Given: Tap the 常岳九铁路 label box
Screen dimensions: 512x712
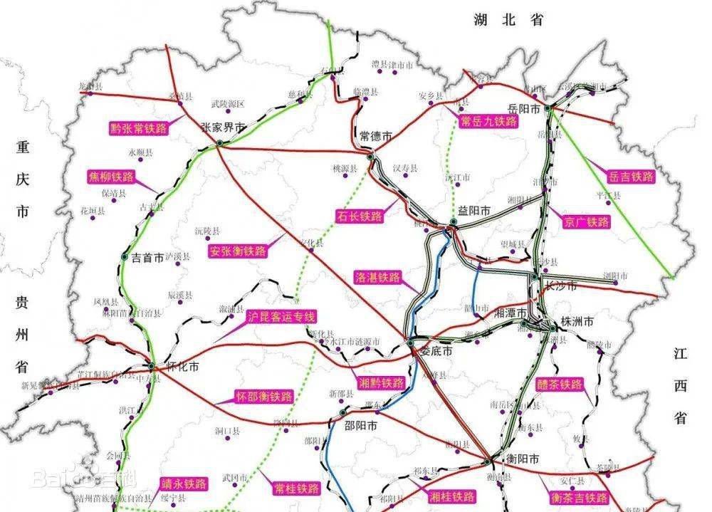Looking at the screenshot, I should click(488, 121).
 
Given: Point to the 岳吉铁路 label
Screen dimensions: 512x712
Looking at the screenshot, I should click(631, 177).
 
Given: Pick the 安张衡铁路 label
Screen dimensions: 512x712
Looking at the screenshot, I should click(237, 251).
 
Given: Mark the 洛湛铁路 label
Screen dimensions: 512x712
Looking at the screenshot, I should click(377, 277).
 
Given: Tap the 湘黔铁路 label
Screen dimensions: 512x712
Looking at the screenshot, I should click(381, 383).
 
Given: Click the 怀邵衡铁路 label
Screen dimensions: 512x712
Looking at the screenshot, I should click(264, 397).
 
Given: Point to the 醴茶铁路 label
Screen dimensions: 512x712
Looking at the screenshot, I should click(560, 385).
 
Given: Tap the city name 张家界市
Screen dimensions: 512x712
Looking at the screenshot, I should click(222, 128).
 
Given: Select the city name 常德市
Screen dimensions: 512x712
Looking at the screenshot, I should click(375, 135).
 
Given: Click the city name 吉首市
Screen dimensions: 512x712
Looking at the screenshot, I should click(147, 258).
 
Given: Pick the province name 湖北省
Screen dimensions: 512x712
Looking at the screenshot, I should click(508, 21).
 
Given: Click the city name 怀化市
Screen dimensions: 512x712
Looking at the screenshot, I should click(182, 368).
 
